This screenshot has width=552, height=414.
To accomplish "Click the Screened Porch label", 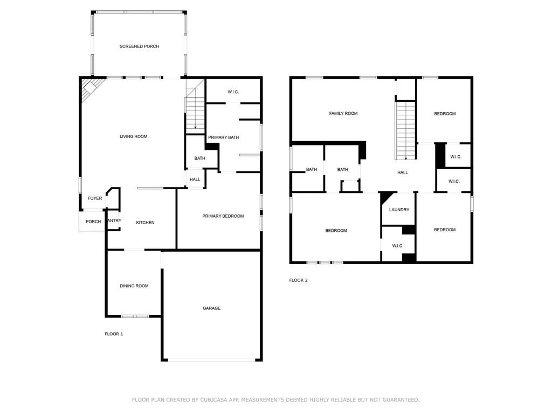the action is pyautogui.click(x=139, y=46).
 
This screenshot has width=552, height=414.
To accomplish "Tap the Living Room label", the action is pyautogui.click(x=134, y=136).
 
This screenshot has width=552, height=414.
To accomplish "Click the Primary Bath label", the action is pyautogui.click(x=224, y=137).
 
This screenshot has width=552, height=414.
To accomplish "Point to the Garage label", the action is pyautogui.click(x=211, y=308).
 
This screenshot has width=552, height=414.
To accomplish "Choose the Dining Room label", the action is pyautogui.click(x=134, y=286).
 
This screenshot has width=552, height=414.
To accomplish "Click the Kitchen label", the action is pyautogui.click(x=146, y=223).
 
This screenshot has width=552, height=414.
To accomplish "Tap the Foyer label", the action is pyautogui.click(x=95, y=198).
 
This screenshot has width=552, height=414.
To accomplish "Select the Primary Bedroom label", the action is pyautogui.click(x=223, y=216).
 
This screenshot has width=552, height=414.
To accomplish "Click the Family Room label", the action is pyautogui.click(x=343, y=113).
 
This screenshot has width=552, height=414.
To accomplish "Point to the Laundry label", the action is pyautogui.click(x=399, y=210).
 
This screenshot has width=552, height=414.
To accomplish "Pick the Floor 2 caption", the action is pyautogui.click(x=299, y=280).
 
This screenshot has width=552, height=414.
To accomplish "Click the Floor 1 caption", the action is pyautogui.click(x=114, y=334).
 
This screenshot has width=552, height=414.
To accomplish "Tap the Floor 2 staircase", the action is pyautogui.click(x=406, y=130).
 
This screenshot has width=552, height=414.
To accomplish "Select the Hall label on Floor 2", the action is pyautogui.click(x=403, y=172).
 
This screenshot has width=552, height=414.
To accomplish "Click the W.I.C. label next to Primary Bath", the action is pyautogui.click(x=233, y=92).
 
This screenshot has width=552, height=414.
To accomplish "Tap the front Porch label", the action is pyautogui.click(x=93, y=222).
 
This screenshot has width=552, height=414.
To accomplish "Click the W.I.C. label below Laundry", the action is pyautogui.click(x=398, y=246).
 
